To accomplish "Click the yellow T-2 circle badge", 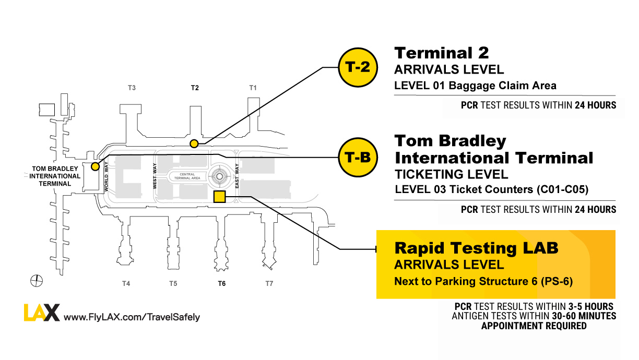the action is pos(358,67).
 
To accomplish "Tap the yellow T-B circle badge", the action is pos(358,158).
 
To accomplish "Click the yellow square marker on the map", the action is pos(219,197).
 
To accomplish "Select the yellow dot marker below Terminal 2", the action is pos(194,143).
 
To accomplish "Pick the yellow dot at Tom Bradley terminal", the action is pos(95,166).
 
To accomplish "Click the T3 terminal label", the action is pos(132,88).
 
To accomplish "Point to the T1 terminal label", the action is pos(253,88).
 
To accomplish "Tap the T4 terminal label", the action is pos(126,284).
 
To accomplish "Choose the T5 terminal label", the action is pos(173,284).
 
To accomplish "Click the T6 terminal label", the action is pos(222,284).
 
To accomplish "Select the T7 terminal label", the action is pos(269,284).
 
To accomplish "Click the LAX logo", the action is pos(42,313).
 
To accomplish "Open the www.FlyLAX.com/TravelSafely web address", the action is pos(132,317).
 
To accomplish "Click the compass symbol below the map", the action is pos(37,281).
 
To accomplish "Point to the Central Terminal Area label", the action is pos(187,176).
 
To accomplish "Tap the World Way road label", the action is pos(106,176).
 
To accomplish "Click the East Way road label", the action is pos(237,176).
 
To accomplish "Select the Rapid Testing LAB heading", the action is pos(476,248).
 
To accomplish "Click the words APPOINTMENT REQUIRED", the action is pos(534,326).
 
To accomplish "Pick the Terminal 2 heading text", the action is pos(442,53).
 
